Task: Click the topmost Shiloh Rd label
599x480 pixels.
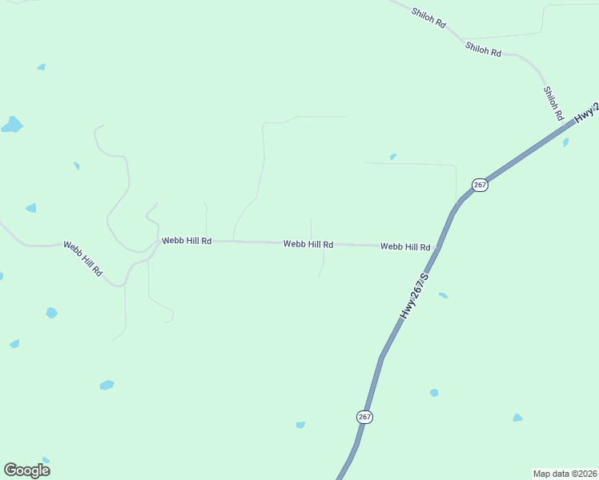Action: click(428, 18)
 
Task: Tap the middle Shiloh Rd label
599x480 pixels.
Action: click(483, 50)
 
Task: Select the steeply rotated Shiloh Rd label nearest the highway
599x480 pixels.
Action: click(553, 102)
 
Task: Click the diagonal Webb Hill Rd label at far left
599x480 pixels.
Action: click(83, 258)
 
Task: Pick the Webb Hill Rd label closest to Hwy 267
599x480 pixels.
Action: click(405, 247)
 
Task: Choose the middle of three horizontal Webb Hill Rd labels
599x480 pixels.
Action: click(308, 243)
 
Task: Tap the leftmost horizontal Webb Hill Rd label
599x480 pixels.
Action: click(187, 240)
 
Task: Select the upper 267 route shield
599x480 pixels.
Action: click(479, 185)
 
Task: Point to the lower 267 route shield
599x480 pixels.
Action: click(364, 417)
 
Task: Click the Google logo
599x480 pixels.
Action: click(26, 470)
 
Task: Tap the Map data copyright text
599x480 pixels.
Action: click(565, 473)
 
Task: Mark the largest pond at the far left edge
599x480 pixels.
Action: click(12, 125)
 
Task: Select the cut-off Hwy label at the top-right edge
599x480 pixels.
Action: click(588, 114)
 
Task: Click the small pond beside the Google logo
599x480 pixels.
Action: click(46, 460)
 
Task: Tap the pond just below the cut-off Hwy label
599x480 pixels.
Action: click(565, 142)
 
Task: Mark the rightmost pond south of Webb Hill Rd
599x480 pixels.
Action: click(517, 418)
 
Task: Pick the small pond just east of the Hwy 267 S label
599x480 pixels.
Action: click(443, 295)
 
